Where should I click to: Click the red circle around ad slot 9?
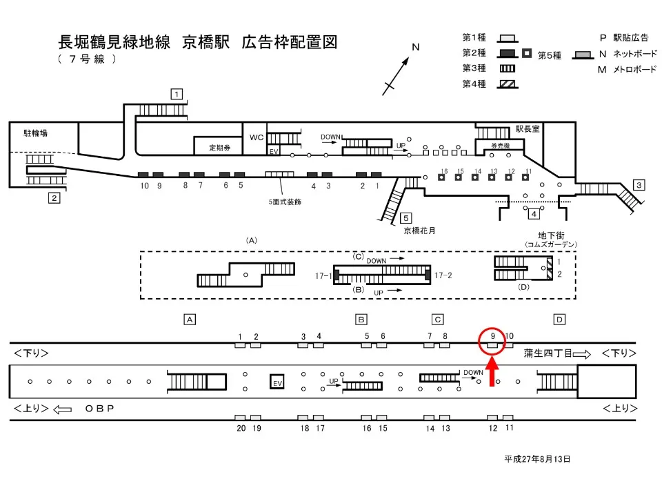point(492,342)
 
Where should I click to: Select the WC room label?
point(257,137)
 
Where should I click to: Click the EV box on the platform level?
point(277,382)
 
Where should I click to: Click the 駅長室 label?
point(530,128)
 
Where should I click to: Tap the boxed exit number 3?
point(639,184)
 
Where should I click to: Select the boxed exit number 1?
point(177,94)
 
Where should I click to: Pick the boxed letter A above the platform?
point(189,319)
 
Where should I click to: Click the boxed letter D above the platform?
point(559,319)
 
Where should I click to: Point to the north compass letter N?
point(416,47)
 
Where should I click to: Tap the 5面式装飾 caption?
point(285,202)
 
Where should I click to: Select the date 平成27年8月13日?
point(537,458)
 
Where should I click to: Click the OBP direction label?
point(99,409)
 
